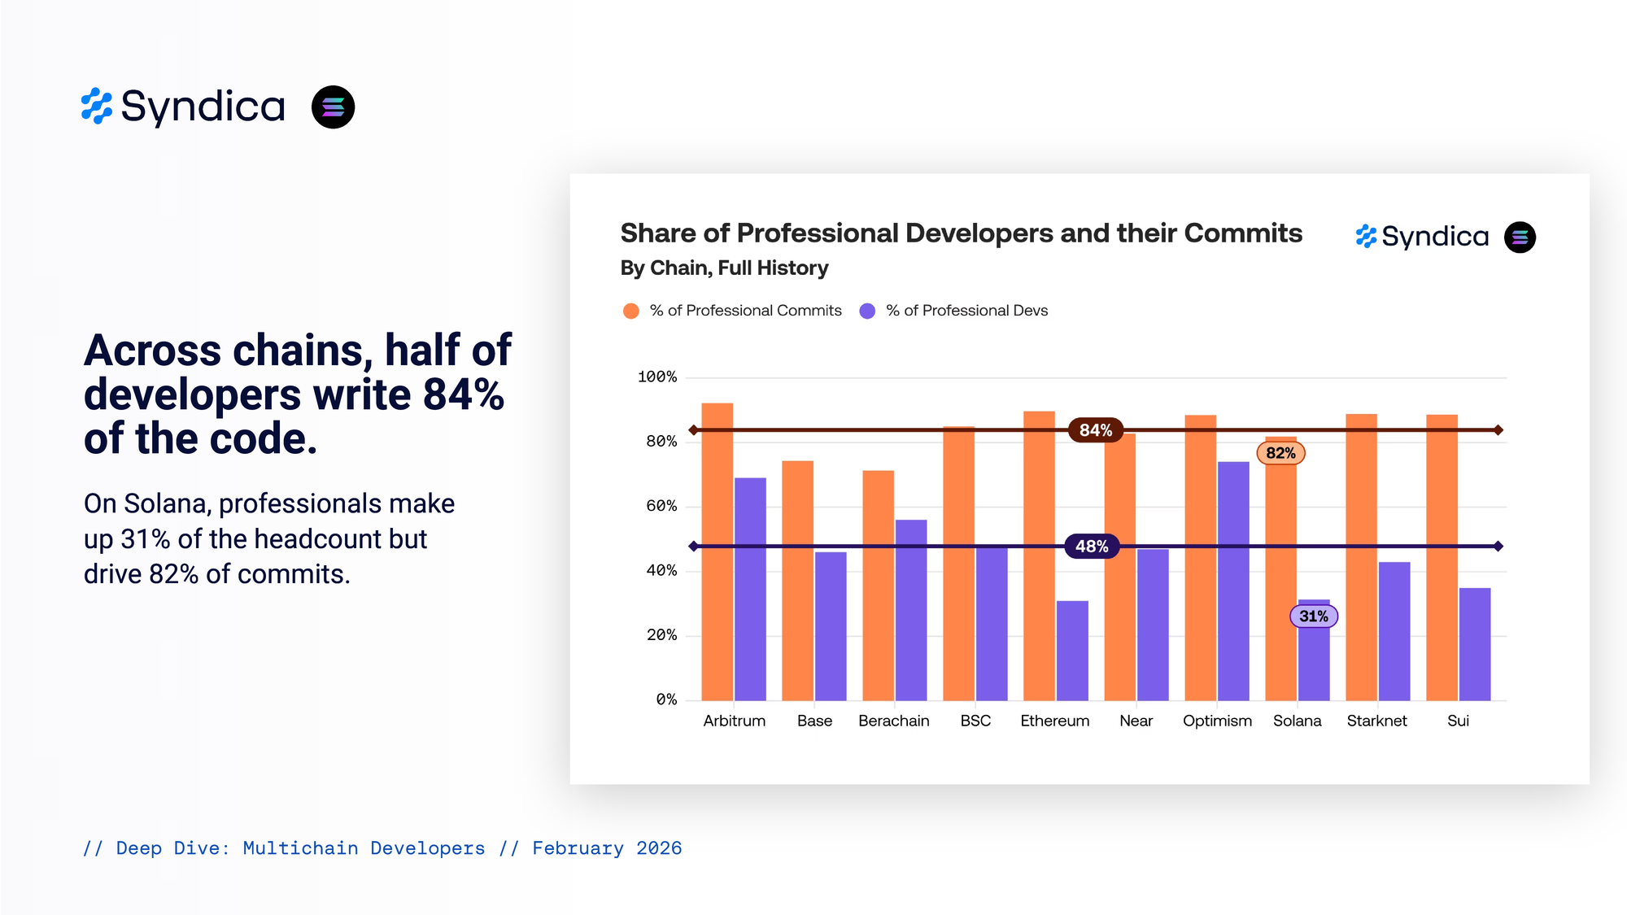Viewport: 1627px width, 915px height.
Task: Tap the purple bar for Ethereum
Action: tap(1072, 651)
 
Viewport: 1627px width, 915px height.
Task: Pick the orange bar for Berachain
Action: tap(878, 585)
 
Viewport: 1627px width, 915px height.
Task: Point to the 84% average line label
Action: tap(1095, 430)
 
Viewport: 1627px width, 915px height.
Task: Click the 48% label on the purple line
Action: tap(1092, 547)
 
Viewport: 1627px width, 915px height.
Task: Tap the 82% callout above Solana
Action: tap(1280, 453)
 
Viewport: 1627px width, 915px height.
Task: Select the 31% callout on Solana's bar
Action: tap(1313, 617)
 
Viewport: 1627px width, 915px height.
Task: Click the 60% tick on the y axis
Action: tap(661, 506)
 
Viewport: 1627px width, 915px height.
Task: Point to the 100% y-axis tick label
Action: tap(657, 377)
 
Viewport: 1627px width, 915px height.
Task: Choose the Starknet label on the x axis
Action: tap(1376, 721)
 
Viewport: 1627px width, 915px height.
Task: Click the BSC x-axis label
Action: tap(975, 721)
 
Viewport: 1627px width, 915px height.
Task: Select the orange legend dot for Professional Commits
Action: tap(630, 311)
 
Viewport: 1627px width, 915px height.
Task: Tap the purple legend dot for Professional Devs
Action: tap(867, 311)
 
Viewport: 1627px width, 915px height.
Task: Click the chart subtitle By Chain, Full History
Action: tap(724, 268)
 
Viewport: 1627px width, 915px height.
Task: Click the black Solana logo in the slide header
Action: tap(333, 107)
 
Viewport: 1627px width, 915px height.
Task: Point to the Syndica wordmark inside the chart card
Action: tap(1434, 237)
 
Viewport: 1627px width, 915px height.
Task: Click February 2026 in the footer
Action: tap(607, 848)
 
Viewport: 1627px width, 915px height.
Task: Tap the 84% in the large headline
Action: tap(463, 394)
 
